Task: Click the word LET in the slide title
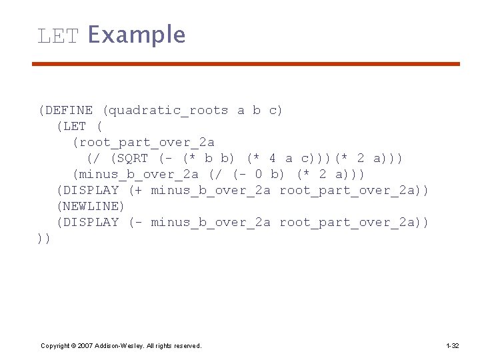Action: (58, 35)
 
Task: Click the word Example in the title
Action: (137, 35)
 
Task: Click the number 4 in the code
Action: (272, 158)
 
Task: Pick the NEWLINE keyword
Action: (91, 206)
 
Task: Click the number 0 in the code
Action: (257, 174)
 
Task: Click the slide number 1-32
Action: (452, 345)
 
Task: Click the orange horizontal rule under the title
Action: (246, 64)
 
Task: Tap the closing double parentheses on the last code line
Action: (44, 238)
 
